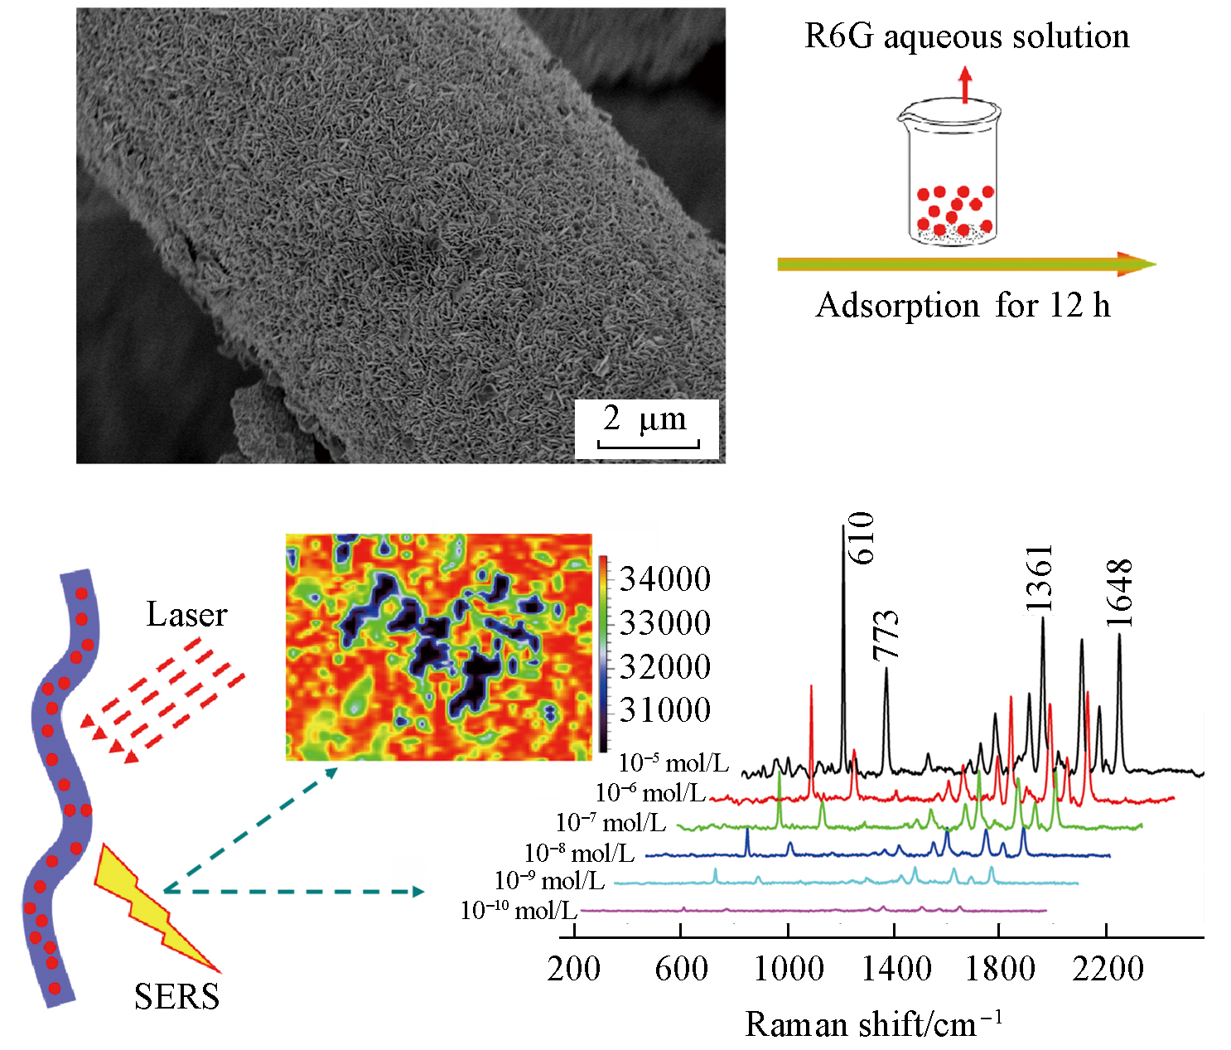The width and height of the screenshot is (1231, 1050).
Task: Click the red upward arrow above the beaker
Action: [964, 85]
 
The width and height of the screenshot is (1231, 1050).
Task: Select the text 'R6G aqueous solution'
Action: [967, 36]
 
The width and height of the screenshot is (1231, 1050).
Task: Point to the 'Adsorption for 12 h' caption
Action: [963, 306]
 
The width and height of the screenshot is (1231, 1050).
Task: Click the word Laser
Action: [186, 615]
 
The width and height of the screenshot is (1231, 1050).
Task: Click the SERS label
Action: [176, 996]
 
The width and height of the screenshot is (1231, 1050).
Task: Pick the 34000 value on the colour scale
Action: [665, 579]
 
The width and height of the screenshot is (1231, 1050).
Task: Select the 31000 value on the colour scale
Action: [665, 710]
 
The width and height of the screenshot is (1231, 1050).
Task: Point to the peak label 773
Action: [886, 635]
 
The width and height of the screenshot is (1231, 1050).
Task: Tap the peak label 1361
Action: [1040, 578]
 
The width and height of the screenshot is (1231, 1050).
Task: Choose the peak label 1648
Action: [1119, 593]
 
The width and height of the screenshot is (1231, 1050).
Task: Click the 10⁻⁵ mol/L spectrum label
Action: [673, 763]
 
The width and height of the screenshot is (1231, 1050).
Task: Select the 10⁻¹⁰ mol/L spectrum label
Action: [519, 912]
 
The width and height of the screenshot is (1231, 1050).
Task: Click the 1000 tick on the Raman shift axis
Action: [788, 969]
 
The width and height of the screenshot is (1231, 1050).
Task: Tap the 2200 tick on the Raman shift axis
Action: [1108, 969]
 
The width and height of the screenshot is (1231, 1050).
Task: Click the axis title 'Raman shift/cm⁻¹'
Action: [873, 1024]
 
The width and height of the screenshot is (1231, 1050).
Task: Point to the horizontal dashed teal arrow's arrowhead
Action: [418, 892]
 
